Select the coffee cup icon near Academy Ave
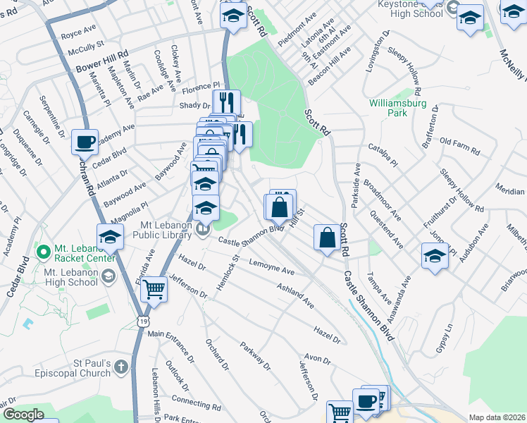click(x=85, y=142)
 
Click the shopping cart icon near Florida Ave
click(x=153, y=288)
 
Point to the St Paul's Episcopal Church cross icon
click(x=121, y=367)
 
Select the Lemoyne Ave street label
click(x=271, y=266)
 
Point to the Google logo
click(x=23, y=415)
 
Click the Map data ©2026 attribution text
click(x=496, y=417)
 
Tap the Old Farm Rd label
click(x=459, y=150)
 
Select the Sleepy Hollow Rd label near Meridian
click(x=461, y=190)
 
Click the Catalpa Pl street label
click(x=383, y=154)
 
